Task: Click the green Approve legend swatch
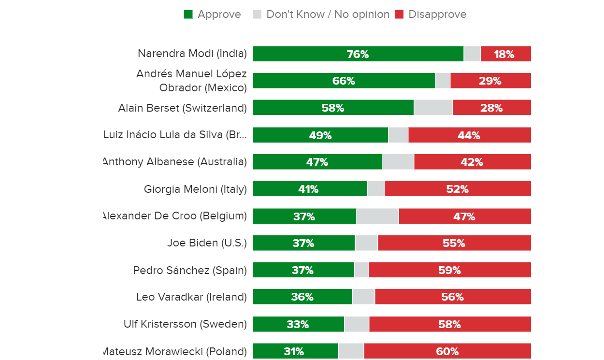[188, 14]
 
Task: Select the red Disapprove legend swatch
[399, 14]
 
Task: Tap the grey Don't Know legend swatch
[257, 14]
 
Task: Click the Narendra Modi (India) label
[192, 54]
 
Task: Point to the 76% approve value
[358, 54]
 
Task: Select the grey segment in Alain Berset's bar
[433, 108]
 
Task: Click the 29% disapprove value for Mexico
[490, 81]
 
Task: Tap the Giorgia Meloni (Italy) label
[195, 189]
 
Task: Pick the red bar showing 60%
[447, 351]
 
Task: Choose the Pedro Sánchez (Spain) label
[190, 270]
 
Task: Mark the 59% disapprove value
[450, 270]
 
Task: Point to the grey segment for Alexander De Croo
[377, 216]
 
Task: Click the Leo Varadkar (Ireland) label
[191, 297]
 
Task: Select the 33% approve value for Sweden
[298, 324]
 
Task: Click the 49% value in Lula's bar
[320, 135]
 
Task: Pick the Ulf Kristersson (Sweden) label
[185, 324]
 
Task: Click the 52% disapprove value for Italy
[457, 189]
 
